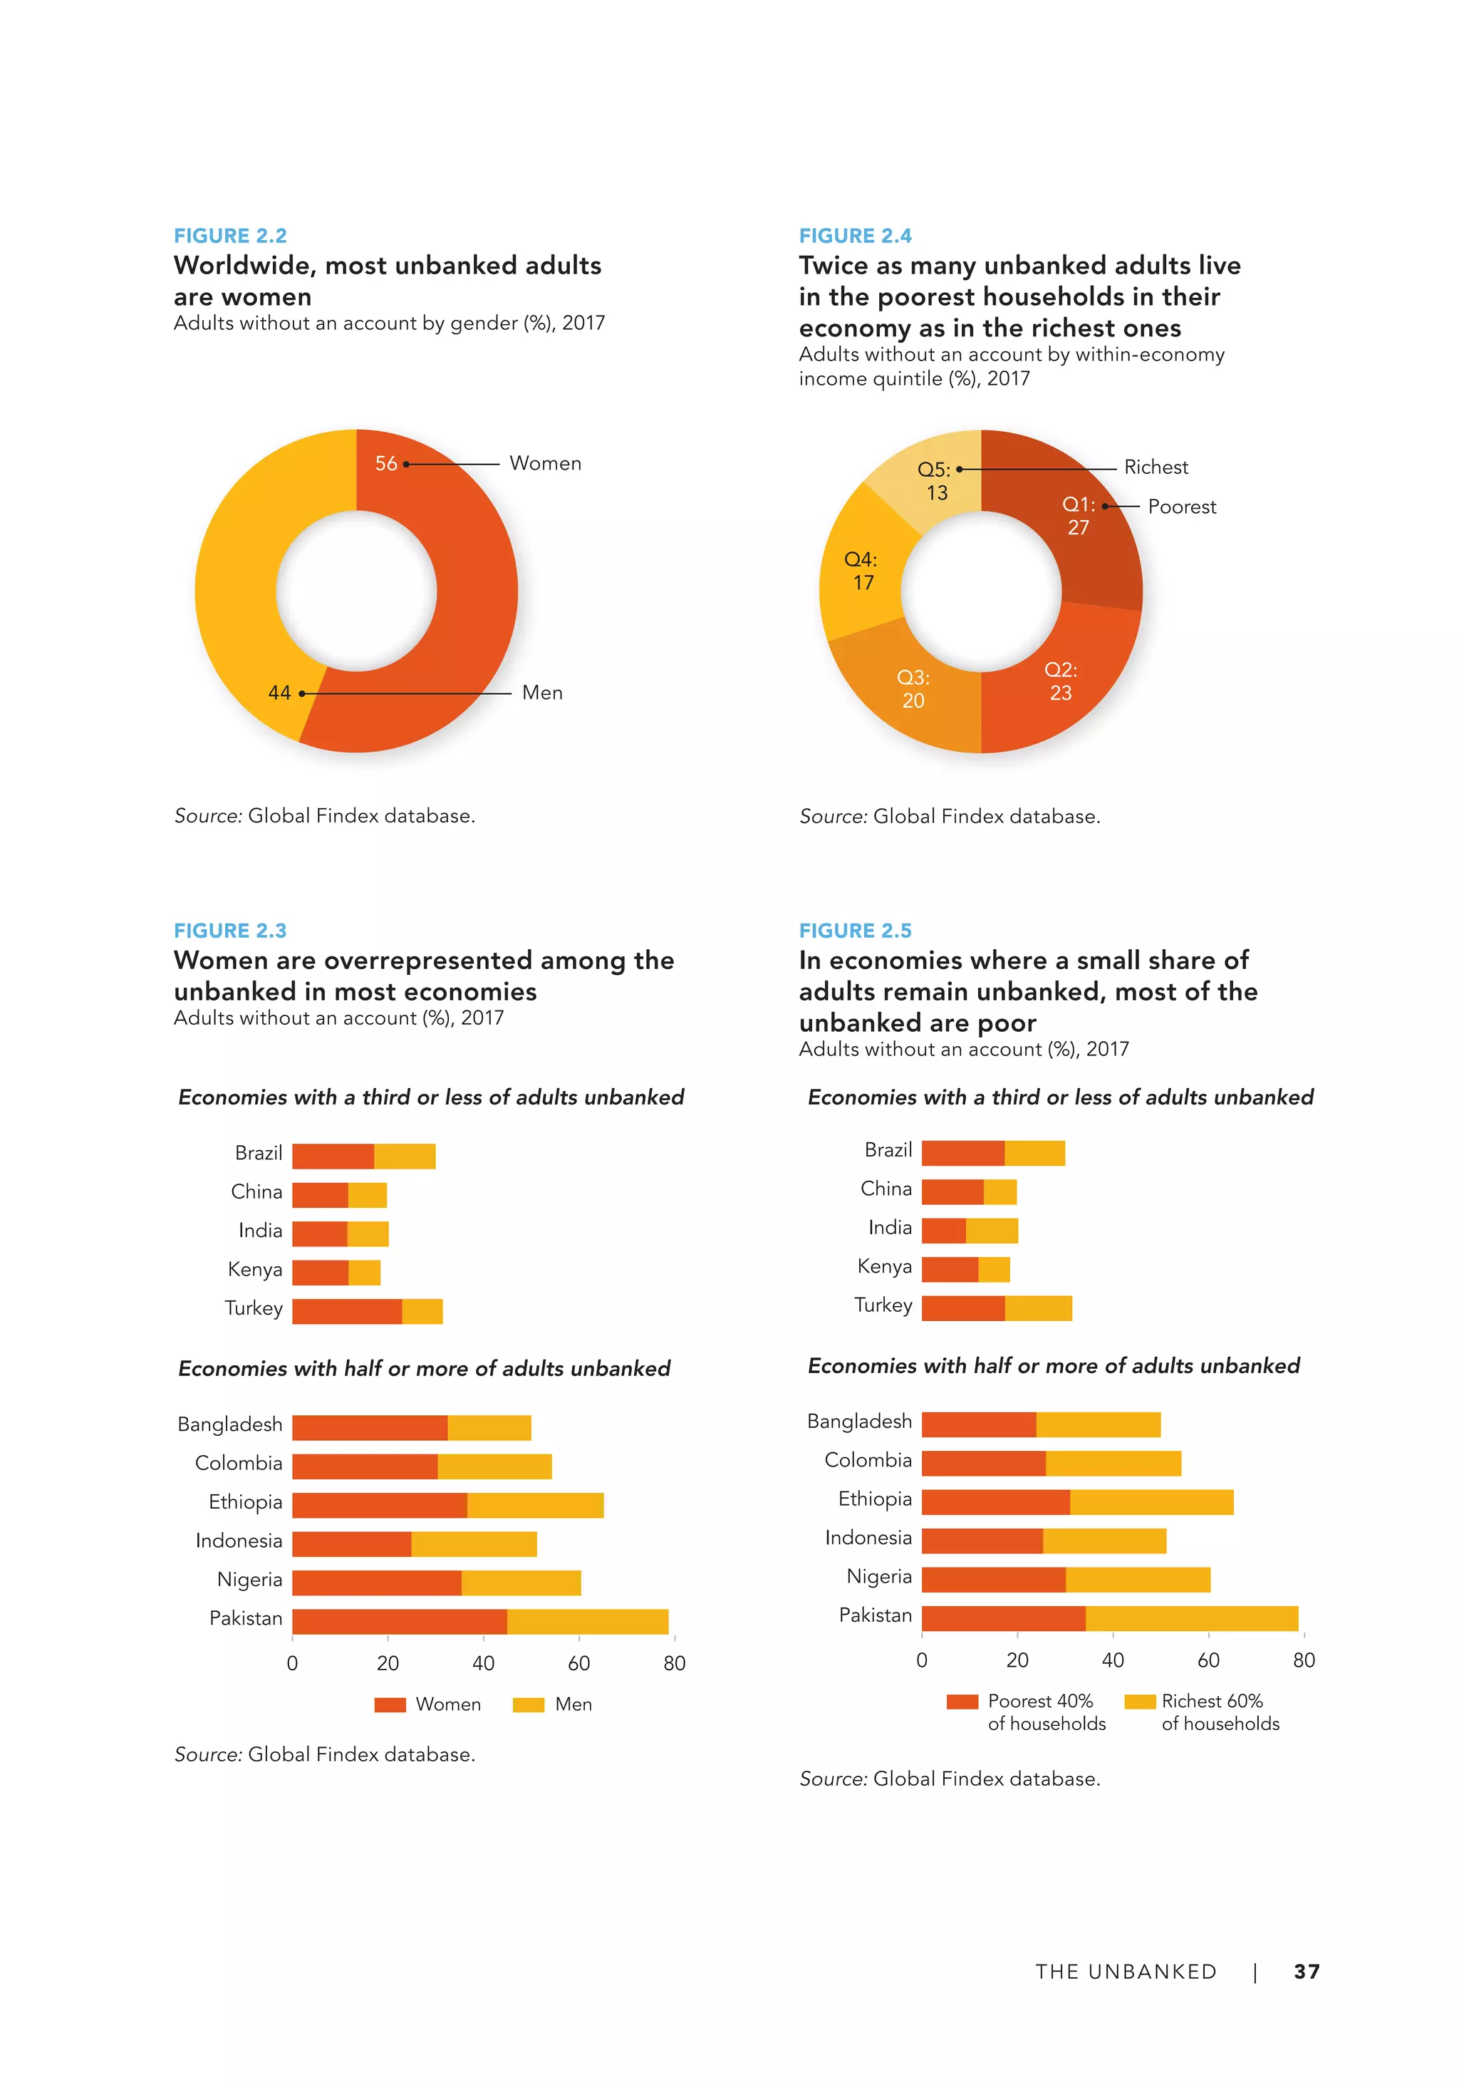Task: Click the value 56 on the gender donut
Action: click(x=386, y=464)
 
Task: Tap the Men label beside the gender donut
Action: click(x=542, y=693)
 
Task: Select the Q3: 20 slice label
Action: click(x=913, y=689)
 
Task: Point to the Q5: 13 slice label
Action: click(x=935, y=481)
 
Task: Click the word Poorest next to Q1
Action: click(x=1181, y=507)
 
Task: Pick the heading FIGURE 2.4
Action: click(x=854, y=236)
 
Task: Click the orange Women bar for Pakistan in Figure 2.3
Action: click(x=400, y=1621)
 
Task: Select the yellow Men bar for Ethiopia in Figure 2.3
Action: click(x=535, y=1505)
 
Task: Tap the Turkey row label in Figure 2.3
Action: click(x=254, y=1308)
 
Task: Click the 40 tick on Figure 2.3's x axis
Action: click(x=483, y=1662)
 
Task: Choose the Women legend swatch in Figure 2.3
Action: click(x=390, y=1704)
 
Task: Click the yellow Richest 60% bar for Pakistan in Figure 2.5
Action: click(x=1191, y=1618)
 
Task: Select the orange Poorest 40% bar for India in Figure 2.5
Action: click(x=943, y=1231)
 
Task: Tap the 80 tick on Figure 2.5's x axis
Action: click(x=1304, y=1660)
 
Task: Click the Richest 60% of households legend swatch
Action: click(x=1139, y=1702)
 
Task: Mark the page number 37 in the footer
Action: click(x=1307, y=1972)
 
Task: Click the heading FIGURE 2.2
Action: click(x=229, y=236)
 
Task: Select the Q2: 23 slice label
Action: click(x=1061, y=681)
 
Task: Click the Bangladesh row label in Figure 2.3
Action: click(x=229, y=1424)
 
